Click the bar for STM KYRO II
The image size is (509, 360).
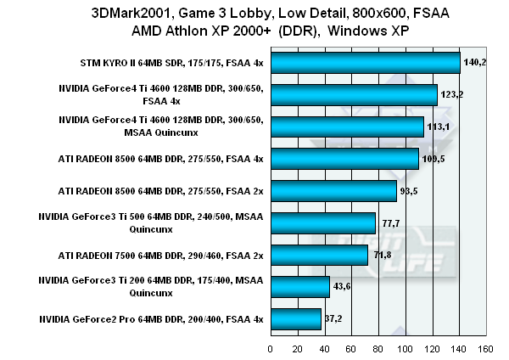[x=365, y=63]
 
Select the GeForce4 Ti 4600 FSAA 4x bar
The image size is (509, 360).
[x=354, y=94]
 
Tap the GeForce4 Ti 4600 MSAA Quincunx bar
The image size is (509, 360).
[x=347, y=127]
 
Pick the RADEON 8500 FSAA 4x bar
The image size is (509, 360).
[x=344, y=159]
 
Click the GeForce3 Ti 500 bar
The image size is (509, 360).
[x=322, y=223]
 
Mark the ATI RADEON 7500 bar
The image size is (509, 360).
[x=319, y=255]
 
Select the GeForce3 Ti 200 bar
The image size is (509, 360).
[x=299, y=287]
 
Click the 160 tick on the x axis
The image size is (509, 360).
[x=485, y=348]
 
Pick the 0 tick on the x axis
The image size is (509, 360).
[x=271, y=348]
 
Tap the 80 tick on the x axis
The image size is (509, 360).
[x=378, y=348]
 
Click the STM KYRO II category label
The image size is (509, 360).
[x=168, y=63]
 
